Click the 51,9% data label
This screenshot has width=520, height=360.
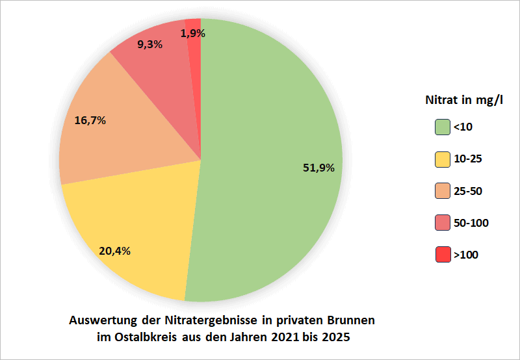coord(318,168)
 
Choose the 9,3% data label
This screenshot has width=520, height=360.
coord(149,45)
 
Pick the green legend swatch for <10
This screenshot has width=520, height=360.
coord(443,127)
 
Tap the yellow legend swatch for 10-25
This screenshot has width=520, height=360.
coord(443,159)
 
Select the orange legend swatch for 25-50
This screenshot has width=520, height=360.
coord(443,191)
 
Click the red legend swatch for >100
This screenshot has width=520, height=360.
coord(443,255)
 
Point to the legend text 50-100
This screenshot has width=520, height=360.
coord(471,223)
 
